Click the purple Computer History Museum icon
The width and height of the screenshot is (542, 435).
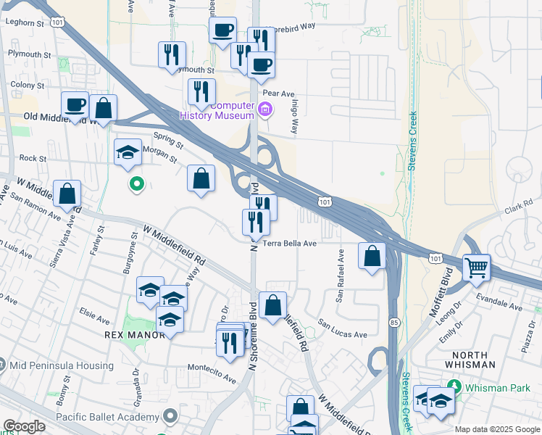click(264, 111)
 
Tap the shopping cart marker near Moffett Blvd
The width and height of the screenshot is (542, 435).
click(477, 268)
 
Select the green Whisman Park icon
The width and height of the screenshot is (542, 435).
click(455, 386)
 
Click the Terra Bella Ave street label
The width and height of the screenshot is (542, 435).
click(290, 244)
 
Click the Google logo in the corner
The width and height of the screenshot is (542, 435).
click(24, 426)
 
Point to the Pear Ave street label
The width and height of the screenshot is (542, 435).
click(279, 94)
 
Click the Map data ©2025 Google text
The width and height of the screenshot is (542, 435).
click(497, 429)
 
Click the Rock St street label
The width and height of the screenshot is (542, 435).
click(33, 158)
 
